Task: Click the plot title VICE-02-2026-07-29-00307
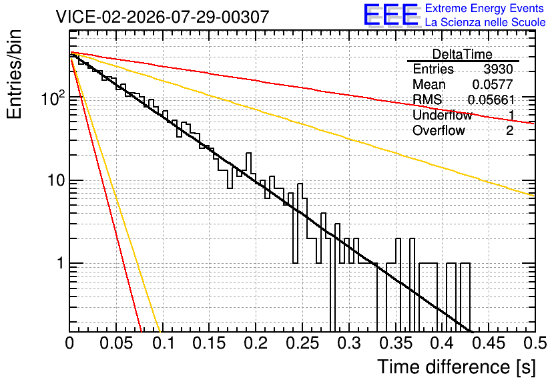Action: [x=163, y=17]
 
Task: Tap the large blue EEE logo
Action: [x=390, y=15]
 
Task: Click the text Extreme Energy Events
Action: [x=485, y=8]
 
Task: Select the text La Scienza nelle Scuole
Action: [x=485, y=22]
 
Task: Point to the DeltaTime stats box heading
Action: [x=463, y=54]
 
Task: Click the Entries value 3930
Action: [x=498, y=69]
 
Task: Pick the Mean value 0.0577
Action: [x=493, y=84]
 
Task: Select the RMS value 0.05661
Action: [x=491, y=100]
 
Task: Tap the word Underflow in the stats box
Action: [x=443, y=115]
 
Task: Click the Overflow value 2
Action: [x=509, y=130]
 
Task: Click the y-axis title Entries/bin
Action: [x=14, y=74]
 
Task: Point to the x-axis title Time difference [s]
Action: [x=457, y=367]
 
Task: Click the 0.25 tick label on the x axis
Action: [x=302, y=343]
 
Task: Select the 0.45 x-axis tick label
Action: [x=489, y=343]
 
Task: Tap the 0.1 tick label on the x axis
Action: [x=164, y=343]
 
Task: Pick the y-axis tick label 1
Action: [x=60, y=263]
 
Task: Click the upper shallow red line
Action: [x=302, y=88]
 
